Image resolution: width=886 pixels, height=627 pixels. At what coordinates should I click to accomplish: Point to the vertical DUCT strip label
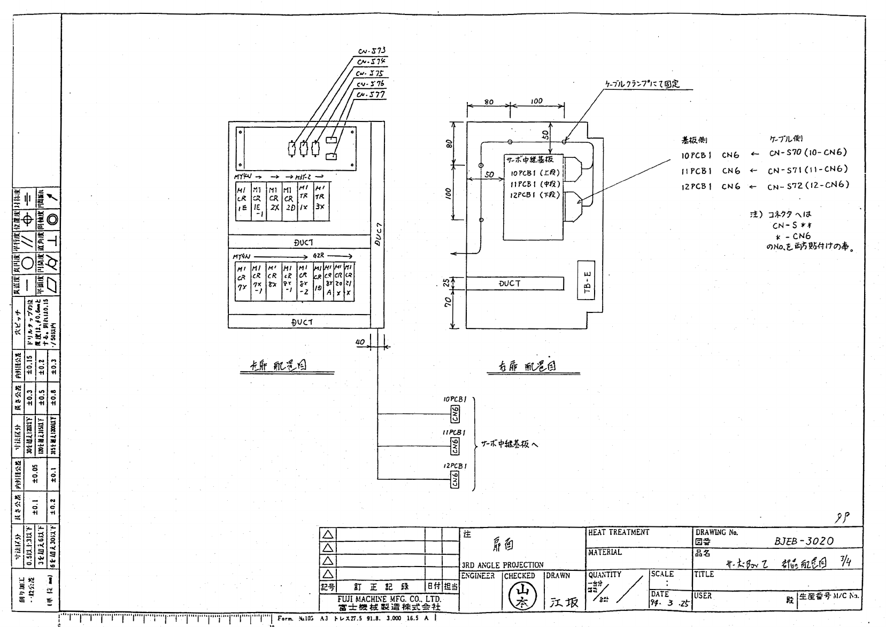[377, 234]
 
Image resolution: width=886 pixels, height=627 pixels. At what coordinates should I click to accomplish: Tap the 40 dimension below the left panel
[360, 341]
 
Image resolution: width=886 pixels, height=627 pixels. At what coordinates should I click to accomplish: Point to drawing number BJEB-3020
[804, 541]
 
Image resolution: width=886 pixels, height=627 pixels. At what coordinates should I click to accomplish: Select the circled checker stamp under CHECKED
[518, 595]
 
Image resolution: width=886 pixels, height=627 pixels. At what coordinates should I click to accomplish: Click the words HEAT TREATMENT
[618, 533]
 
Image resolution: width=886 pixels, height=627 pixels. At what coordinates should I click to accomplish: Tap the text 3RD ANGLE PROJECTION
[502, 565]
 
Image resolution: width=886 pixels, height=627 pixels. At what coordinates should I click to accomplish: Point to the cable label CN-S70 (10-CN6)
[808, 153]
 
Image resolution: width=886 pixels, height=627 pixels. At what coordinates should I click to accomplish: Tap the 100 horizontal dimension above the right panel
[536, 101]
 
